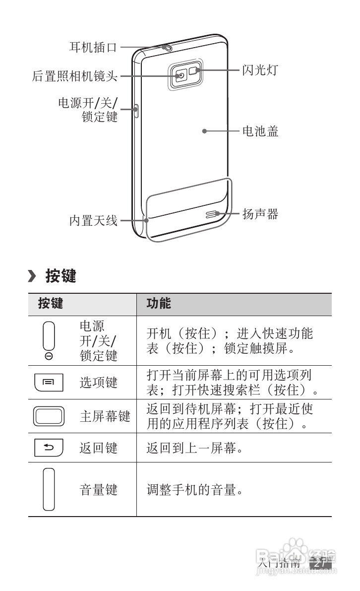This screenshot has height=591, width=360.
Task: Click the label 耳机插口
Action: click(x=93, y=48)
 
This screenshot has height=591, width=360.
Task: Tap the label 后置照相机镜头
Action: click(x=74, y=76)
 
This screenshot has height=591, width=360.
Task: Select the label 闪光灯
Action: click(x=259, y=70)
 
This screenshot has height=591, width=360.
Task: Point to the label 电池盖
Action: click(x=260, y=131)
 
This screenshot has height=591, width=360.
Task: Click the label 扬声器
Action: click(x=260, y=214)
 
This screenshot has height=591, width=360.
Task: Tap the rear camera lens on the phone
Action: click(x=181, y=76)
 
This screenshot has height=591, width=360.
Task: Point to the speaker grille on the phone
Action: click(x=212, y=214)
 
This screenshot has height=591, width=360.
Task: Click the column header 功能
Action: click(x=158, y=304)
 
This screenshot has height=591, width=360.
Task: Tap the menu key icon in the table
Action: click(x=49, y=382)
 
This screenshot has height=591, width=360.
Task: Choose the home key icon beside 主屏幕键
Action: click(x=49, y=416)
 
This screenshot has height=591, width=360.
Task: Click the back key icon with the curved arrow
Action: click(x=49, y=448)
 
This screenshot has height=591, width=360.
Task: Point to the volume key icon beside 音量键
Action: click(x=48, y=489)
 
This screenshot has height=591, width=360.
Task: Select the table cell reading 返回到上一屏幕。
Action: click(x=194, y=449)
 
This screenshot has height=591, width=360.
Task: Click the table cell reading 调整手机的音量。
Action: click(x=194, y=490)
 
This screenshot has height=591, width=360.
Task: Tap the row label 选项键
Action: click(x=99, y=382)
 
